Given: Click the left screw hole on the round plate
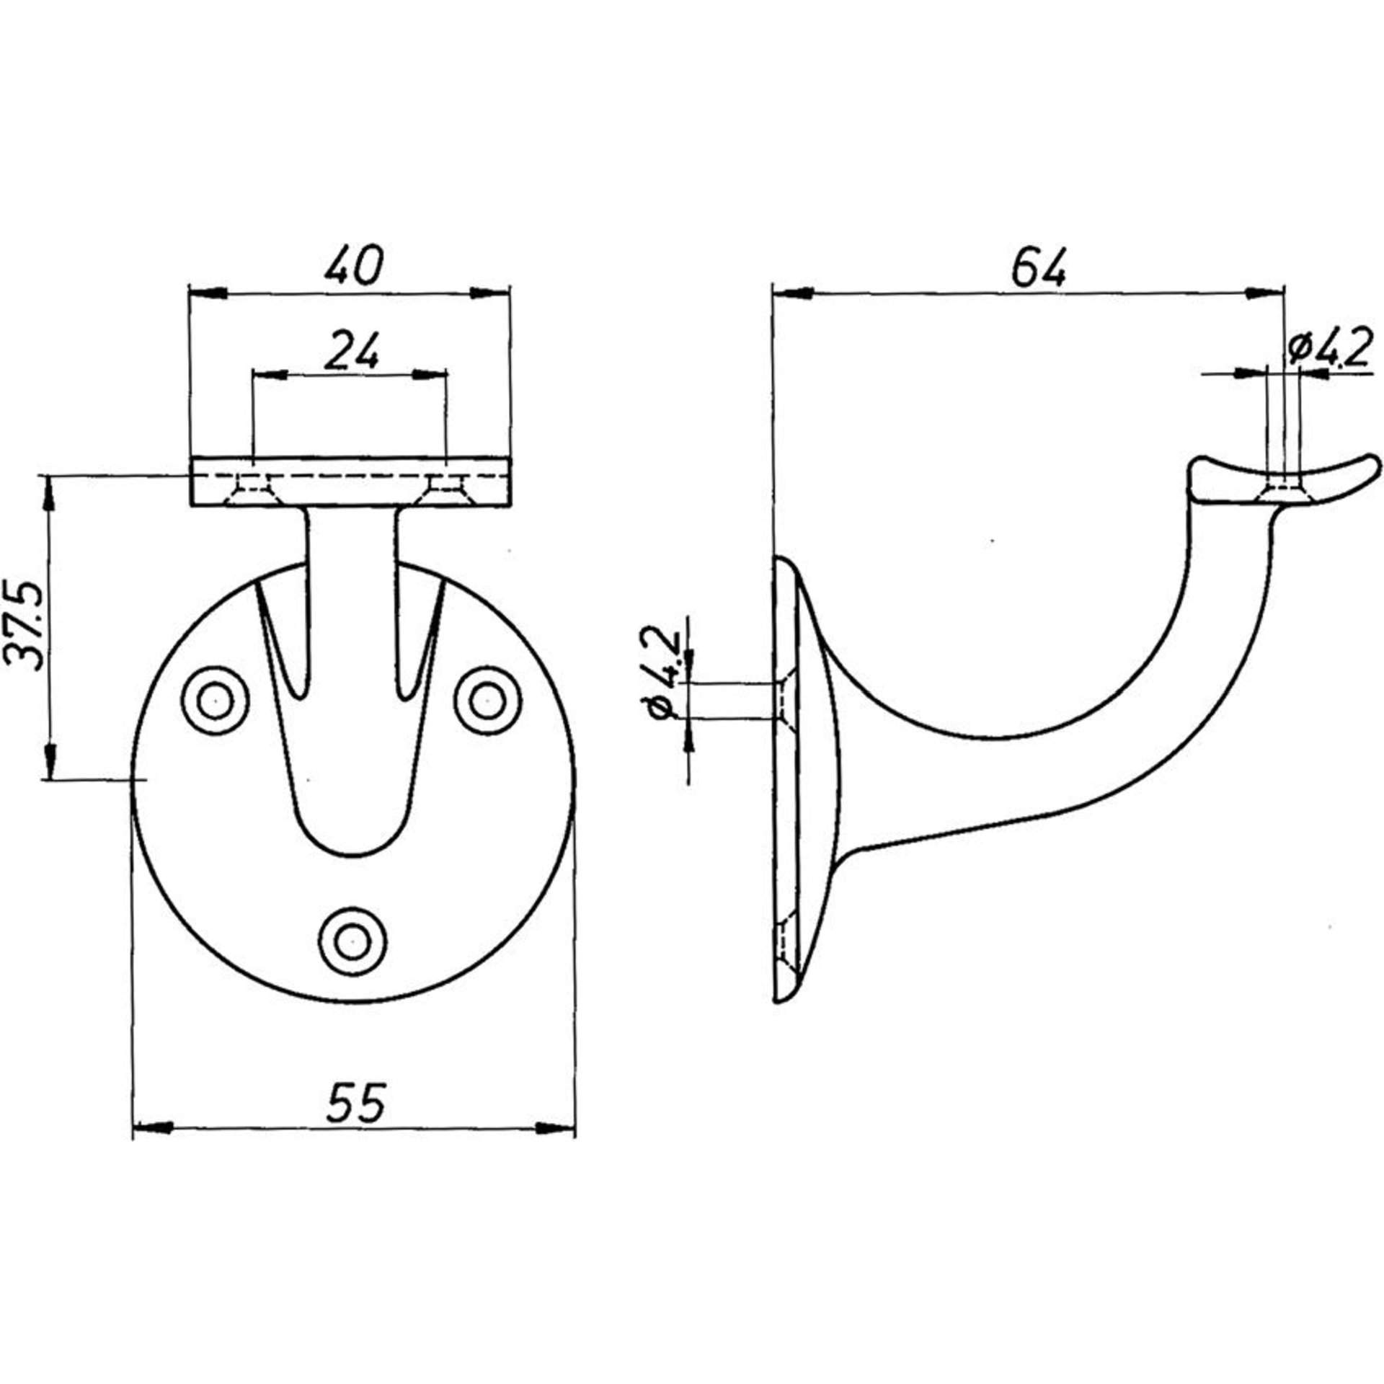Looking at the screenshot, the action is click(214, 700).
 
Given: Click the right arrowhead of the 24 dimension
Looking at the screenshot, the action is click(430, 374).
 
